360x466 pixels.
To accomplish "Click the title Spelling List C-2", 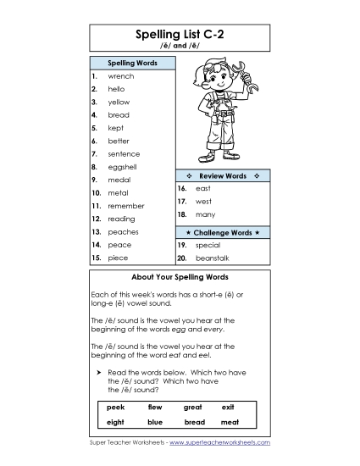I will coord(180,35).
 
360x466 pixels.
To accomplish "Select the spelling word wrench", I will coord(121,76).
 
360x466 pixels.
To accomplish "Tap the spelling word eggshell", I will coord(124,167).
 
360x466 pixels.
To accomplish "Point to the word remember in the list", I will coord(126,206).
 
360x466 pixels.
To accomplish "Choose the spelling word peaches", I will coord(124,231).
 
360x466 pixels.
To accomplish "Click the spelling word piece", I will coord(119,258).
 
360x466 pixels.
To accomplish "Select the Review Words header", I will coord(222,176).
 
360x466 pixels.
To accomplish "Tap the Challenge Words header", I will coord(222,231).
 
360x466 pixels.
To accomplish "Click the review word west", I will coord(203,202).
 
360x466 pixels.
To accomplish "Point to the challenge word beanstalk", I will coord(212,258).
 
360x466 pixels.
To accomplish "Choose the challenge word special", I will coord(208,244).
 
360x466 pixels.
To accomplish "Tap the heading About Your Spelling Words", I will coord(180,277).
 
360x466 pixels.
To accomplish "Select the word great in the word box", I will coord(193,407).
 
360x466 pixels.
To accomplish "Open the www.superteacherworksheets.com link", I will coord(220,442).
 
